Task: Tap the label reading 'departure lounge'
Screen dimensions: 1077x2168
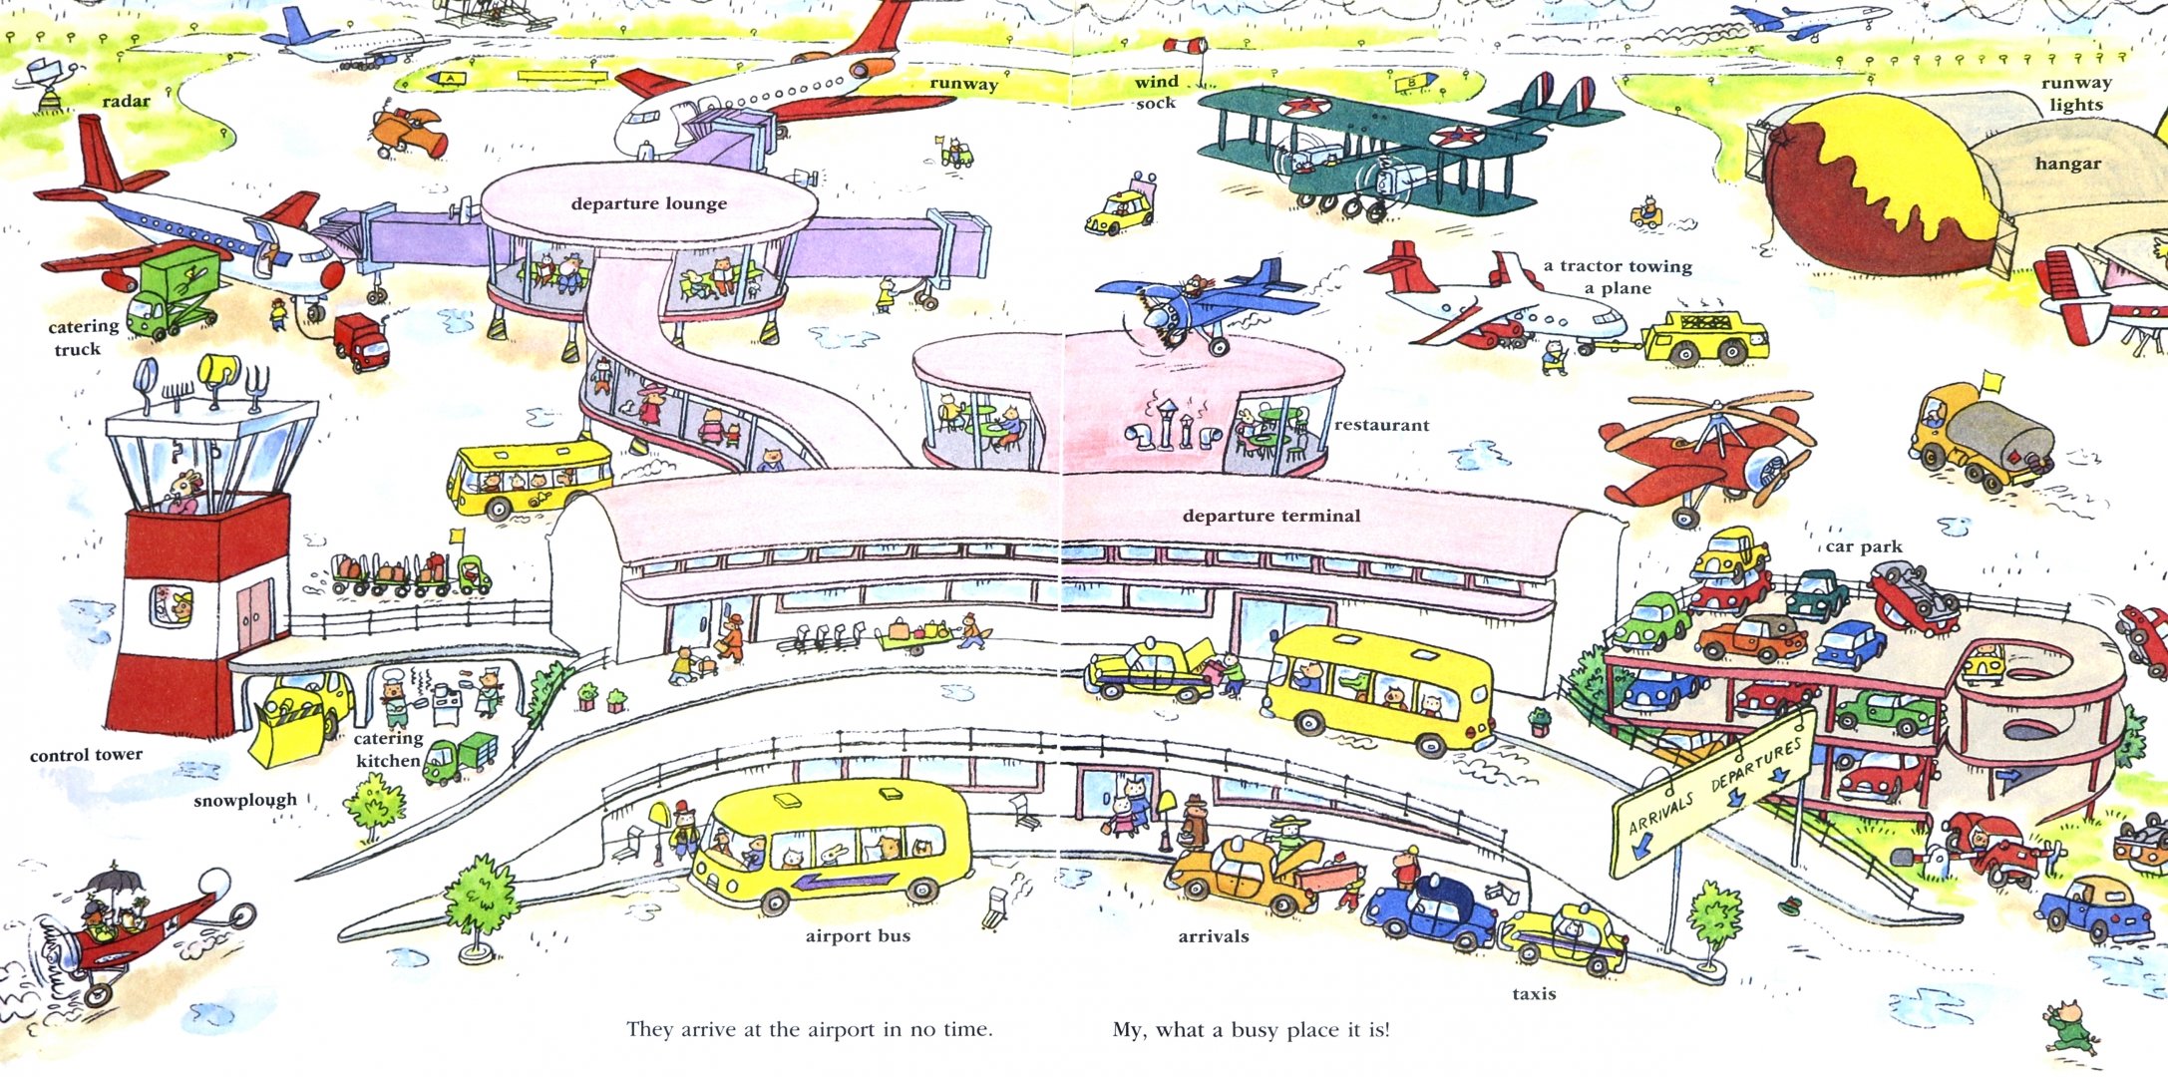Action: click(648, 203)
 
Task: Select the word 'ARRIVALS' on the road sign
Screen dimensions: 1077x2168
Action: click(1660, 813)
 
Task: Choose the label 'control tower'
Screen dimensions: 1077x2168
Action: click(86, 755)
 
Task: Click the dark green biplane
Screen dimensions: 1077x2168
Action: click(1386, 145)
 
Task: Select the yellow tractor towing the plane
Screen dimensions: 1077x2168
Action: click(1703, 336)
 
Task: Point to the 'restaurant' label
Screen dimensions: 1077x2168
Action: click(1381, 425)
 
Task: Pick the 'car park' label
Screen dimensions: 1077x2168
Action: click(1864, 546)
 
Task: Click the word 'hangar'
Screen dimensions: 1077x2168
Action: click(2067, 164)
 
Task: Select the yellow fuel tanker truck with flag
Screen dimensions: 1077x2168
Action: click(1980, 439)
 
